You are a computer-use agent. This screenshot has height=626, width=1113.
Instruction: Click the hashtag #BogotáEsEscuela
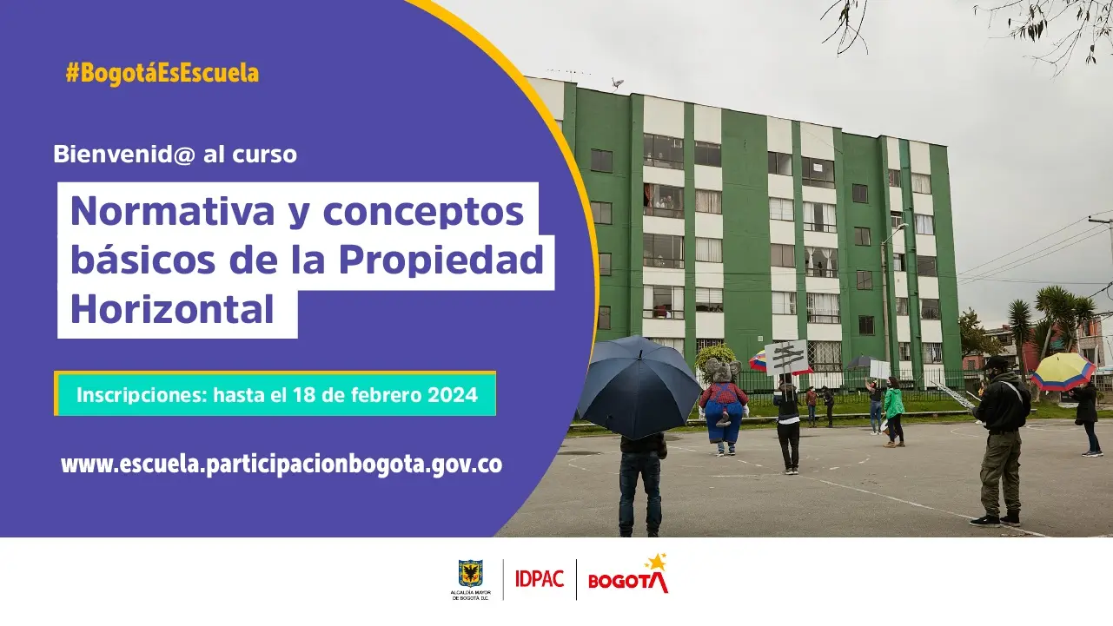pos(162,73)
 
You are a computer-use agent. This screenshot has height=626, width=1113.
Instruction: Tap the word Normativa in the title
pos(172,211)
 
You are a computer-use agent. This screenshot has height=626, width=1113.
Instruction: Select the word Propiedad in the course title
pos(441,260)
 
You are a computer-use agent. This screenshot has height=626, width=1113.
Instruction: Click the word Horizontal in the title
pos(172,309)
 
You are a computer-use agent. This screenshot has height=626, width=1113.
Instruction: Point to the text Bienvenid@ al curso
pos(175,154)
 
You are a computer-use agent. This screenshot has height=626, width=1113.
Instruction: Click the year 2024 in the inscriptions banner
pos(453,395)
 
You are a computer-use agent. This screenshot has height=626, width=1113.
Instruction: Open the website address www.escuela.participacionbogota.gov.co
pos(282,465)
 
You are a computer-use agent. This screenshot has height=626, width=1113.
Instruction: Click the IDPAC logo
pos(540,579)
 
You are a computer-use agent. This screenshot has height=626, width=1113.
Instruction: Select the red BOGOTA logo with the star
pos(628,575)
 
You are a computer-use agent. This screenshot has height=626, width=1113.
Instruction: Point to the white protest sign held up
pos(786,357)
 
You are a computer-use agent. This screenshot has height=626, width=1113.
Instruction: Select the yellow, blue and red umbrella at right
pos(1063,372)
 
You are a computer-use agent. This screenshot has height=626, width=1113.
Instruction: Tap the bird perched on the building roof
pos(617,82)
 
